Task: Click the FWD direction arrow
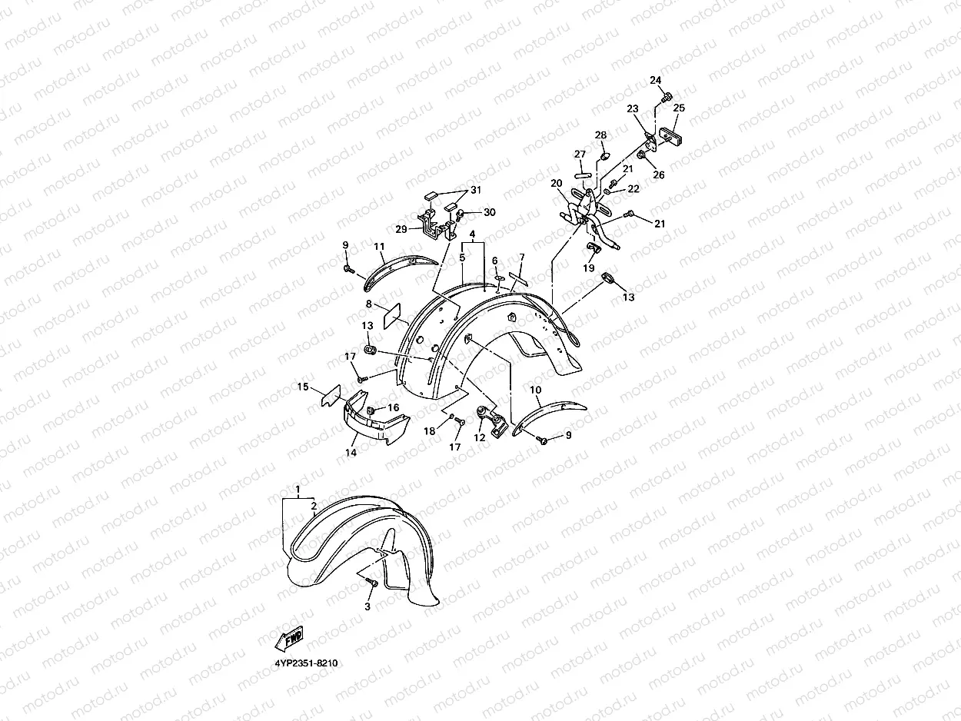tap(289, 639)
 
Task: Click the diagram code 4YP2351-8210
tap(306, 663)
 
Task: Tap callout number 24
tap(656, 80)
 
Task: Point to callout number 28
tap(600, 135)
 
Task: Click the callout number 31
tap(476, 190)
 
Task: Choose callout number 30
tap(490, 212)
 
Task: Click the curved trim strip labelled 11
tap(401, 272)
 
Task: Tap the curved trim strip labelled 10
tap(548, 417)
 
